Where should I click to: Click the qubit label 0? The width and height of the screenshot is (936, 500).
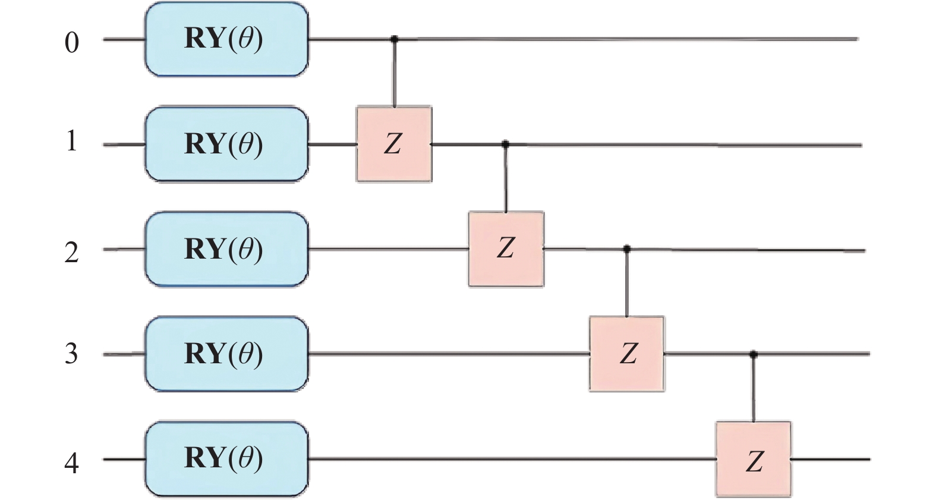(71, 43)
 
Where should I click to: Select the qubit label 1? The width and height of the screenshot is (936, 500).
(71, 141)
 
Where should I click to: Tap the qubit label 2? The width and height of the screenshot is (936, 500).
(71, 253)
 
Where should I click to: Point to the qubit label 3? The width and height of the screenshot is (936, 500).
(71, 354)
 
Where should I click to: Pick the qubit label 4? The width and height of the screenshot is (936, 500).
(71, 463)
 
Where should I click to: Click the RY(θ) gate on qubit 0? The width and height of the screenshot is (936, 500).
(226, 39)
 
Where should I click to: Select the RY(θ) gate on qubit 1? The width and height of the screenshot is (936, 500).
(226, 144)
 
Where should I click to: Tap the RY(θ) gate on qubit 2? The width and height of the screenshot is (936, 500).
(226, 249)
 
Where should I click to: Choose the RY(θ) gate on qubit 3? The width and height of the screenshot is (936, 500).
(226, 354)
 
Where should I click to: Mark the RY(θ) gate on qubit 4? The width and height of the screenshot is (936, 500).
(226, 458)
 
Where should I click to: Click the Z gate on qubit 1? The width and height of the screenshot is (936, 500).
(394, 144)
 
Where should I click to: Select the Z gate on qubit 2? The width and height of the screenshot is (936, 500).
(506, 249)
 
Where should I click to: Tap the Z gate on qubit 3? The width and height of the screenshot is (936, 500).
(627, 354)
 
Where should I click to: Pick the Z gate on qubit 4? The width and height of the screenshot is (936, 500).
(754, 459)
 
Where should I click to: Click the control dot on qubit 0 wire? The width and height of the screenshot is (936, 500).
(394, 39)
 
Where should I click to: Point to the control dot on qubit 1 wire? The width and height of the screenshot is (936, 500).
(506, 144)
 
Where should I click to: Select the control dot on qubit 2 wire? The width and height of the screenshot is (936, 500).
(627, 249)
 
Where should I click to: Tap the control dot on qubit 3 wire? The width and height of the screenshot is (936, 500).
(754, 354)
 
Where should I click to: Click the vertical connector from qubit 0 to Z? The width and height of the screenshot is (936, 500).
(394, 74)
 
